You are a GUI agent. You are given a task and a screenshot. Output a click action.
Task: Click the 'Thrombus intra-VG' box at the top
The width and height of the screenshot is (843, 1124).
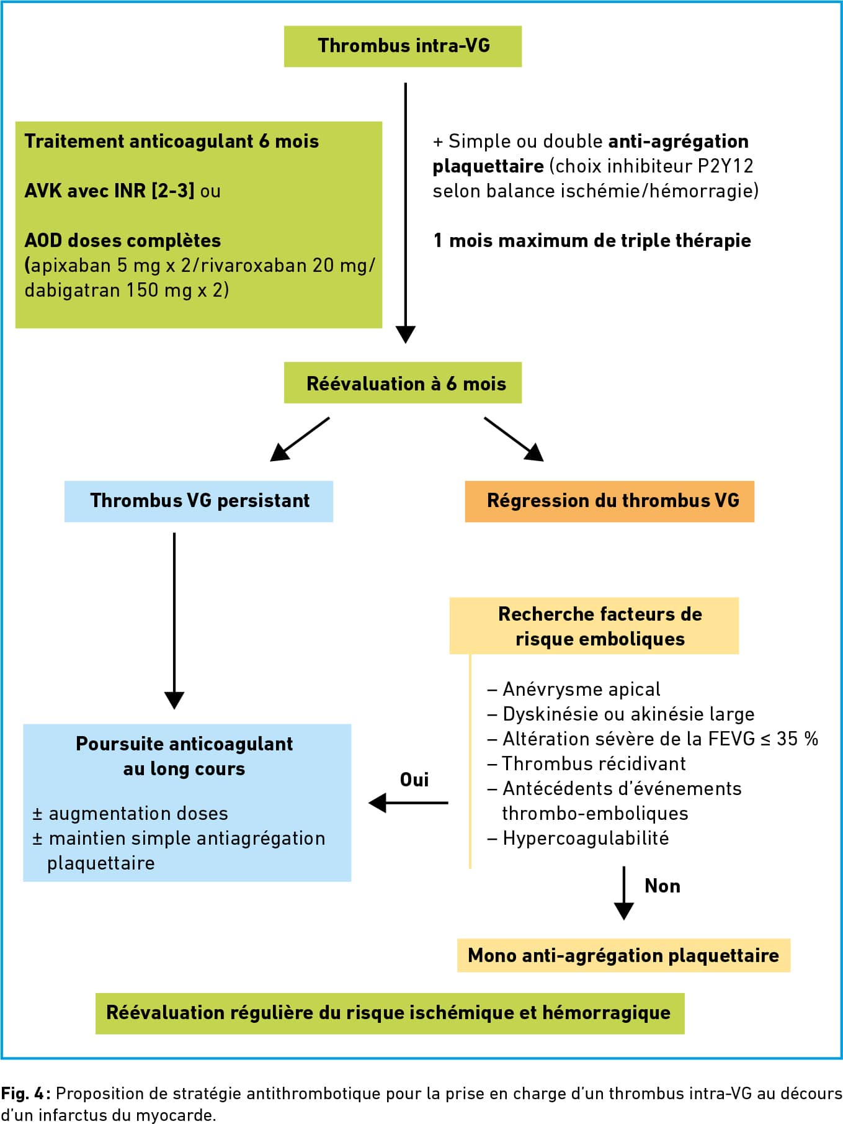click(x=403, y=46)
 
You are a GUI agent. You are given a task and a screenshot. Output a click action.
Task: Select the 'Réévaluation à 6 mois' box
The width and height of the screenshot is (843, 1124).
click(x=403, y=383)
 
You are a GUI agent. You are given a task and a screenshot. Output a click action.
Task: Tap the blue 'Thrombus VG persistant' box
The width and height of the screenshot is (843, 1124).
click(x=198, y=501)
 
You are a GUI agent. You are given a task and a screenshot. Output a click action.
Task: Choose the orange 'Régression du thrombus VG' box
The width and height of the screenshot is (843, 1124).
click(x=610, y=501)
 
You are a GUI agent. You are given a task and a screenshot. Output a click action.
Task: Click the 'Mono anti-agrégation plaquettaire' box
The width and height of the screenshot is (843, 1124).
click(x=623, y=955)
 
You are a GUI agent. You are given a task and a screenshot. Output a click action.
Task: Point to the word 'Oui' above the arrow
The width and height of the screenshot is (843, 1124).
click(x=414, y=780)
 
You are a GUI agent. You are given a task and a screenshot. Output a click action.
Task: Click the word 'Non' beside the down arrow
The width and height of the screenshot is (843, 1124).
click(x=662, y=886)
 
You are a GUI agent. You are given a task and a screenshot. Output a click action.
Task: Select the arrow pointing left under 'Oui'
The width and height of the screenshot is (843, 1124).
click(x=408, y=803)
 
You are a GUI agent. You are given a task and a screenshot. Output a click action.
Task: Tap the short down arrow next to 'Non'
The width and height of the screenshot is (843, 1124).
click(x=624, y=893)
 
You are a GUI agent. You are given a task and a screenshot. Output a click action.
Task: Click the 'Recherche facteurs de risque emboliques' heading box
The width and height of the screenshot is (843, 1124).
click(x=594, y=626)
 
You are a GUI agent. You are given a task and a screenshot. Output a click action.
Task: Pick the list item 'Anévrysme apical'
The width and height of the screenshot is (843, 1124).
click(x=574, y=690)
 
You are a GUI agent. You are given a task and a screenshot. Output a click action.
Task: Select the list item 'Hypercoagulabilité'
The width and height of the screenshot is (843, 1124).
click(x=578, y=839)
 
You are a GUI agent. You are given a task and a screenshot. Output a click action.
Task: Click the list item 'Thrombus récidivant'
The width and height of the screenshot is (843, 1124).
click(x=587, y=763)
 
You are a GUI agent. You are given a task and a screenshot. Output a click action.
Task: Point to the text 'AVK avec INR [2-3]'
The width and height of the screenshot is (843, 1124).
click(x=109, y=191)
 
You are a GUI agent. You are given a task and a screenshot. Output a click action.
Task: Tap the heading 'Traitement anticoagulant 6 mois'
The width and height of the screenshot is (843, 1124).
click(x=172, y=142)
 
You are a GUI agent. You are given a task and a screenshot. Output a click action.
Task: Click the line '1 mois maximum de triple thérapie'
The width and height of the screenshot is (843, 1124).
click(x=592, y=241)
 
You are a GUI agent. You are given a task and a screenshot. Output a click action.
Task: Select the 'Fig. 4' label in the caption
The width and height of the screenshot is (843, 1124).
click(x=25, y=1093)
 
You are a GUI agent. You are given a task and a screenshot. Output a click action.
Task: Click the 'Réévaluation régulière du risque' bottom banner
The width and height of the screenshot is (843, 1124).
click(x=390, y=1014)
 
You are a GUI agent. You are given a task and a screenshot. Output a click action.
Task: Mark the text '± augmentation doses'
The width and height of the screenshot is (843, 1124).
click(x=130, y=814)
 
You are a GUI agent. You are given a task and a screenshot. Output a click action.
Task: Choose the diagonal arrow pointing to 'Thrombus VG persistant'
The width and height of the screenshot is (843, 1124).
click(x=300, y=439)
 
